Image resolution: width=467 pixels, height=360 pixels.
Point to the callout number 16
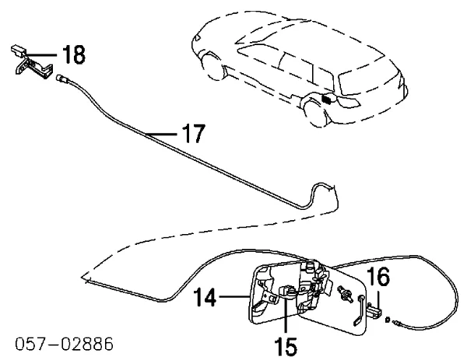point(379,278)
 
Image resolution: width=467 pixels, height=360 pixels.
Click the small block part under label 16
point(377,310)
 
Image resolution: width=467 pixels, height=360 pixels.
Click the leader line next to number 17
point(164,136)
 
